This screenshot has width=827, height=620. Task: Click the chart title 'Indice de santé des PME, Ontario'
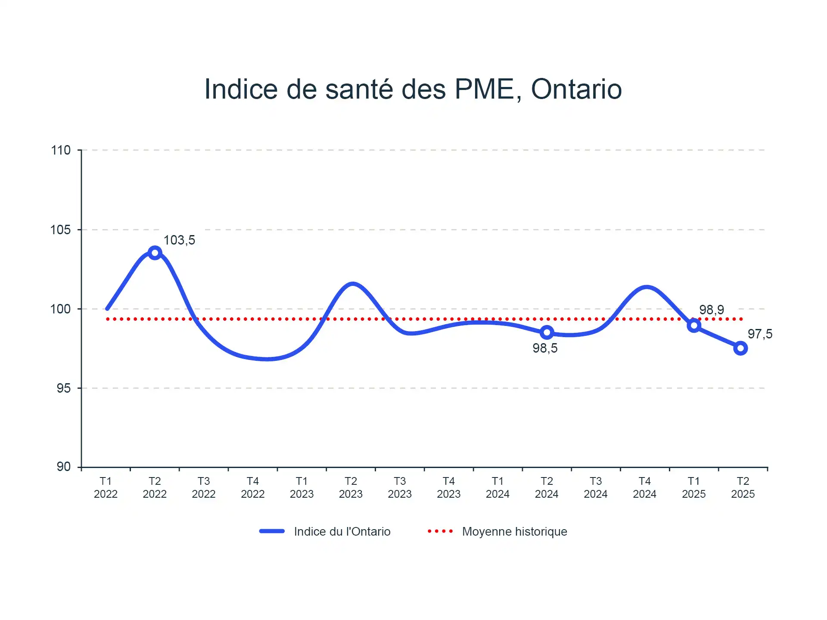click(x=413, y=89)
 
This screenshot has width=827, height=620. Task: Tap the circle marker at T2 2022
click(x=155, y=253)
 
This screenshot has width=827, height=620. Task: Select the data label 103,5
click(x=179, y=240)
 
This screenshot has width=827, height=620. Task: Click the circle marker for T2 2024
click(x=547, y=332)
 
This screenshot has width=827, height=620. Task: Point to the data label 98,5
click(x=545, y=348)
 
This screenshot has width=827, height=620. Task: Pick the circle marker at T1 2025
click(x=693, y=325)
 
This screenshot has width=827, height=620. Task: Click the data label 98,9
click(x=711, y=310)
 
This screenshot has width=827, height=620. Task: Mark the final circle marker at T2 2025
click(x=740, y=348)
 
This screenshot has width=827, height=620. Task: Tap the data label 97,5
click(x=760, y=334)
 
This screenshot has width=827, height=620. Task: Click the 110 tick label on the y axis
click(x=61, y=150)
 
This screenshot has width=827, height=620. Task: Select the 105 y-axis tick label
click(x=61, y=230)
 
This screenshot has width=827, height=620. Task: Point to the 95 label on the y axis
click(x=63, y=388)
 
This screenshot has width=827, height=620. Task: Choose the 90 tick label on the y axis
click(x=63, y=467)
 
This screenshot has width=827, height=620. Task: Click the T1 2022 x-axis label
click(x=106, y=487)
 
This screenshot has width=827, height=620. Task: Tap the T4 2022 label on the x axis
click(x=252, y=487)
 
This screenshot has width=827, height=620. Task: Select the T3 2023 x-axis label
click(x=400, y=487)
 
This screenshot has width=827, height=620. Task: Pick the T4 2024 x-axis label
click(x=644, y=487)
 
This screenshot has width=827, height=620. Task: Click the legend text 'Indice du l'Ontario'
click(x=342, y=532)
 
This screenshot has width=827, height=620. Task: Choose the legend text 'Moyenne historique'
click(x=514, y=532)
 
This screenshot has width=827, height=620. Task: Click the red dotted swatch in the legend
click(x=440, y=531)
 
